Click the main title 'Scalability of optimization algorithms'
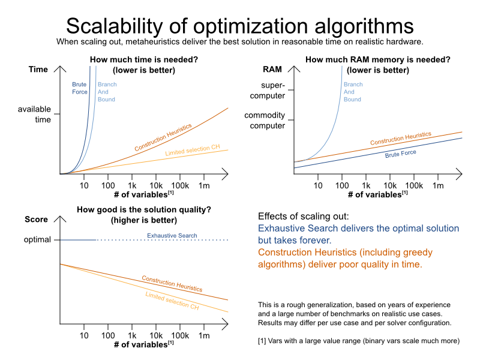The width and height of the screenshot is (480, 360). (x=239, y=26)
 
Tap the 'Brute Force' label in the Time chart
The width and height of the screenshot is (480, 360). (x=80, y=88)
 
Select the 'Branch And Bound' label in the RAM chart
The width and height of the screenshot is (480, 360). (x=352, y=92)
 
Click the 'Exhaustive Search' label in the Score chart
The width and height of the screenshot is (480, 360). (x=172, y=236)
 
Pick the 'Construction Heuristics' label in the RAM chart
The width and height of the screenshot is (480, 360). (x=400, y=139)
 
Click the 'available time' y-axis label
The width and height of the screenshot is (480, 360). (x=34, y=114)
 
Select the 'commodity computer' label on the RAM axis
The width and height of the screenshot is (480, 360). (x=264, y=121)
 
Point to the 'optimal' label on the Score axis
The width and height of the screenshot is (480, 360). (x=37, y=240)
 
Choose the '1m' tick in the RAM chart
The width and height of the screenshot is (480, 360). (x=438, y=186)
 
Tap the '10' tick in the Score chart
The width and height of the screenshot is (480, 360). (x=84, y=336)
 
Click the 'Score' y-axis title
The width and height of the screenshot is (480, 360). (x=36, y=220)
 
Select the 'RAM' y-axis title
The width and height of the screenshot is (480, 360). (x=272, y=70)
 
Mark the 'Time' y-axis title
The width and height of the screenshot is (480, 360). (x=38, y=70)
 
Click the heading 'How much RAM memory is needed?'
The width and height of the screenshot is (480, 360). (x=377, y=60)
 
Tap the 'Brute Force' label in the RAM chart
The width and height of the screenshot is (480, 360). (x=400, y=153)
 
